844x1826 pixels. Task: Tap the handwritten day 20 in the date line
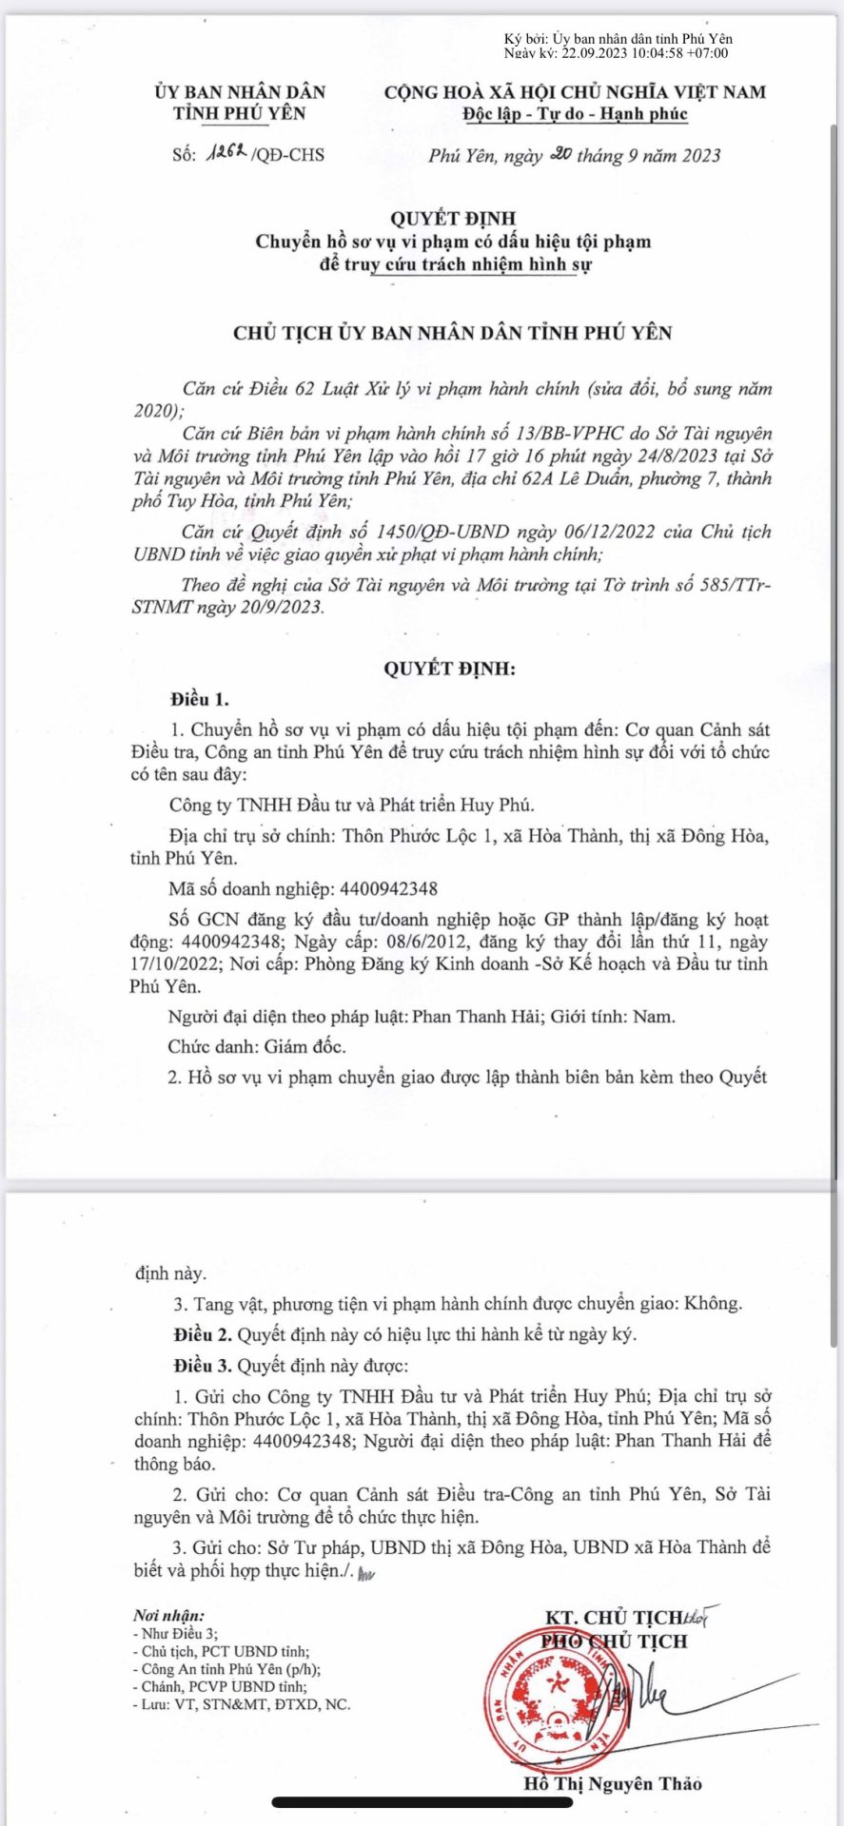click(560, 153)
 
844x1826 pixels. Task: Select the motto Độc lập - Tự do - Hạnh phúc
click(575, 114)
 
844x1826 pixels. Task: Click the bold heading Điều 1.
click(200, 700)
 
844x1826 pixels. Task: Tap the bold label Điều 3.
click(203, 1366)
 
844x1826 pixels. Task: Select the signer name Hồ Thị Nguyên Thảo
click(613, 1784)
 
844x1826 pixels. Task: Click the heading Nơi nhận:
click(168, 1615)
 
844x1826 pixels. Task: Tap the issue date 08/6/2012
click(426, 942)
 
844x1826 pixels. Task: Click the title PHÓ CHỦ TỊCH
click(614, 1641)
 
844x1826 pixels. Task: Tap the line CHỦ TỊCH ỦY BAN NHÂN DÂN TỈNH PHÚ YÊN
click(452, 333)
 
